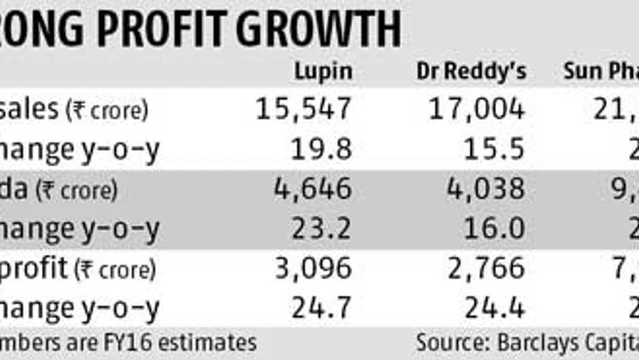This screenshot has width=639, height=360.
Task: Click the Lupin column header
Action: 324,72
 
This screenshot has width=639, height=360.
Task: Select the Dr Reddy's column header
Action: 471,72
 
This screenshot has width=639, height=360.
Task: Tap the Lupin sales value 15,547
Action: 304,109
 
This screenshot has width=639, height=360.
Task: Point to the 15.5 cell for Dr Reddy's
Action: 498,149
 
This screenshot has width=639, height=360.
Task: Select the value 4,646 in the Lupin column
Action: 314,189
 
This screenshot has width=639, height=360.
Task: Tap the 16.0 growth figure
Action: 498,229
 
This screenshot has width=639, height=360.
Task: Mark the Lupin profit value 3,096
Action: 314,269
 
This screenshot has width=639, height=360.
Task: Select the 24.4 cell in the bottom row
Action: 498,309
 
